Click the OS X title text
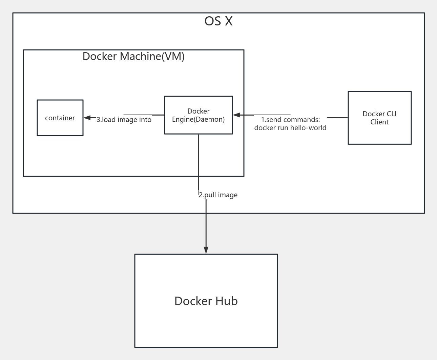218,21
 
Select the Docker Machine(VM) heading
133,56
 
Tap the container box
60,118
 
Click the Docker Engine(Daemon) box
199,115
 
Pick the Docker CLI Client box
379,118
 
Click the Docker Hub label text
206,301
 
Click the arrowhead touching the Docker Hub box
206,250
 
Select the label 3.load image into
124,120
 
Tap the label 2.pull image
218,195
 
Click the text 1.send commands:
290,120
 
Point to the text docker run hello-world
290,128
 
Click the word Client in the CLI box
379,122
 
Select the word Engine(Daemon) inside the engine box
199,119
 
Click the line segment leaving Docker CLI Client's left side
337,118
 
